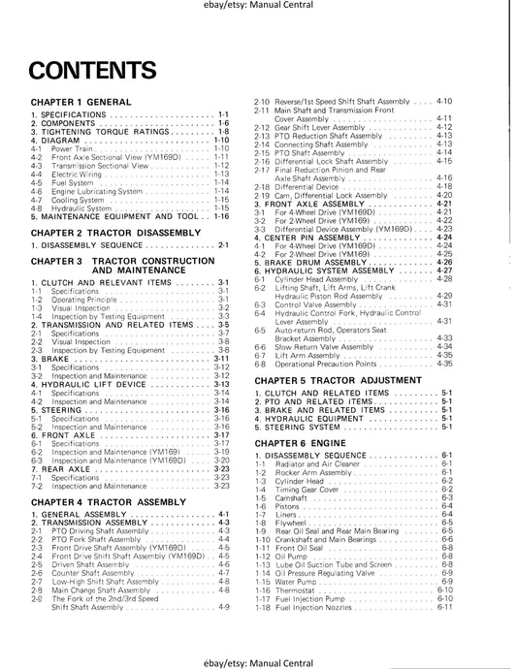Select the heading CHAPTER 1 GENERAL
81,102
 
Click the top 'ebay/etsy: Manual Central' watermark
259,9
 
